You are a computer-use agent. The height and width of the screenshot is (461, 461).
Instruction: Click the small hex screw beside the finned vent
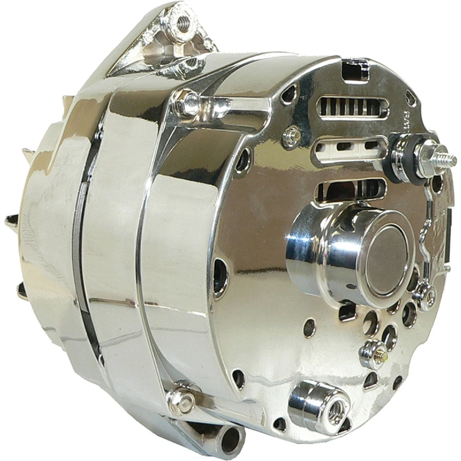(291, 136)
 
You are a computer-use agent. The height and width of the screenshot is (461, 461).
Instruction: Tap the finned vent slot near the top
(352, 107)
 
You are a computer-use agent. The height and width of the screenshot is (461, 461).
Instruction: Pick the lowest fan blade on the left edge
(22, 290)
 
